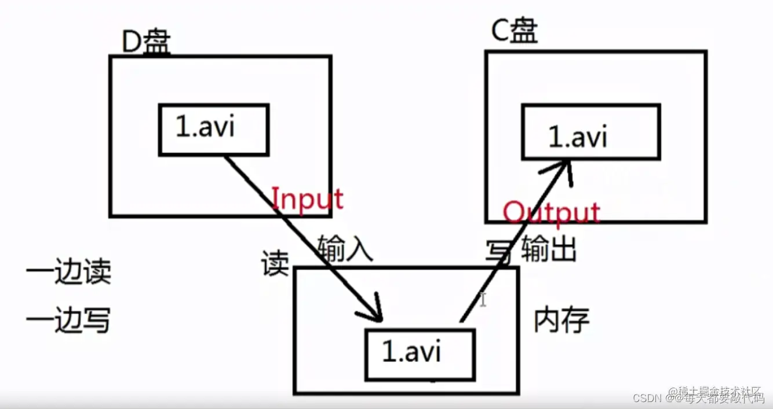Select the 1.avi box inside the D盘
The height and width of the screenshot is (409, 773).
(213, 130)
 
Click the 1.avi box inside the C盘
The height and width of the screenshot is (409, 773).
(590, 132)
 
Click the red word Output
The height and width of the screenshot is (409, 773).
(551, 212)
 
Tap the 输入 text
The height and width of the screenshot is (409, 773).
(345, 251)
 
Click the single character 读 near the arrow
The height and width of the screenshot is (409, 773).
(275, 264)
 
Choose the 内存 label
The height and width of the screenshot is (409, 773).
(561, 320)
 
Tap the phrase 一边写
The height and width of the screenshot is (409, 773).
(68, 320)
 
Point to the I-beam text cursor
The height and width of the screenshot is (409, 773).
(483, 300)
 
